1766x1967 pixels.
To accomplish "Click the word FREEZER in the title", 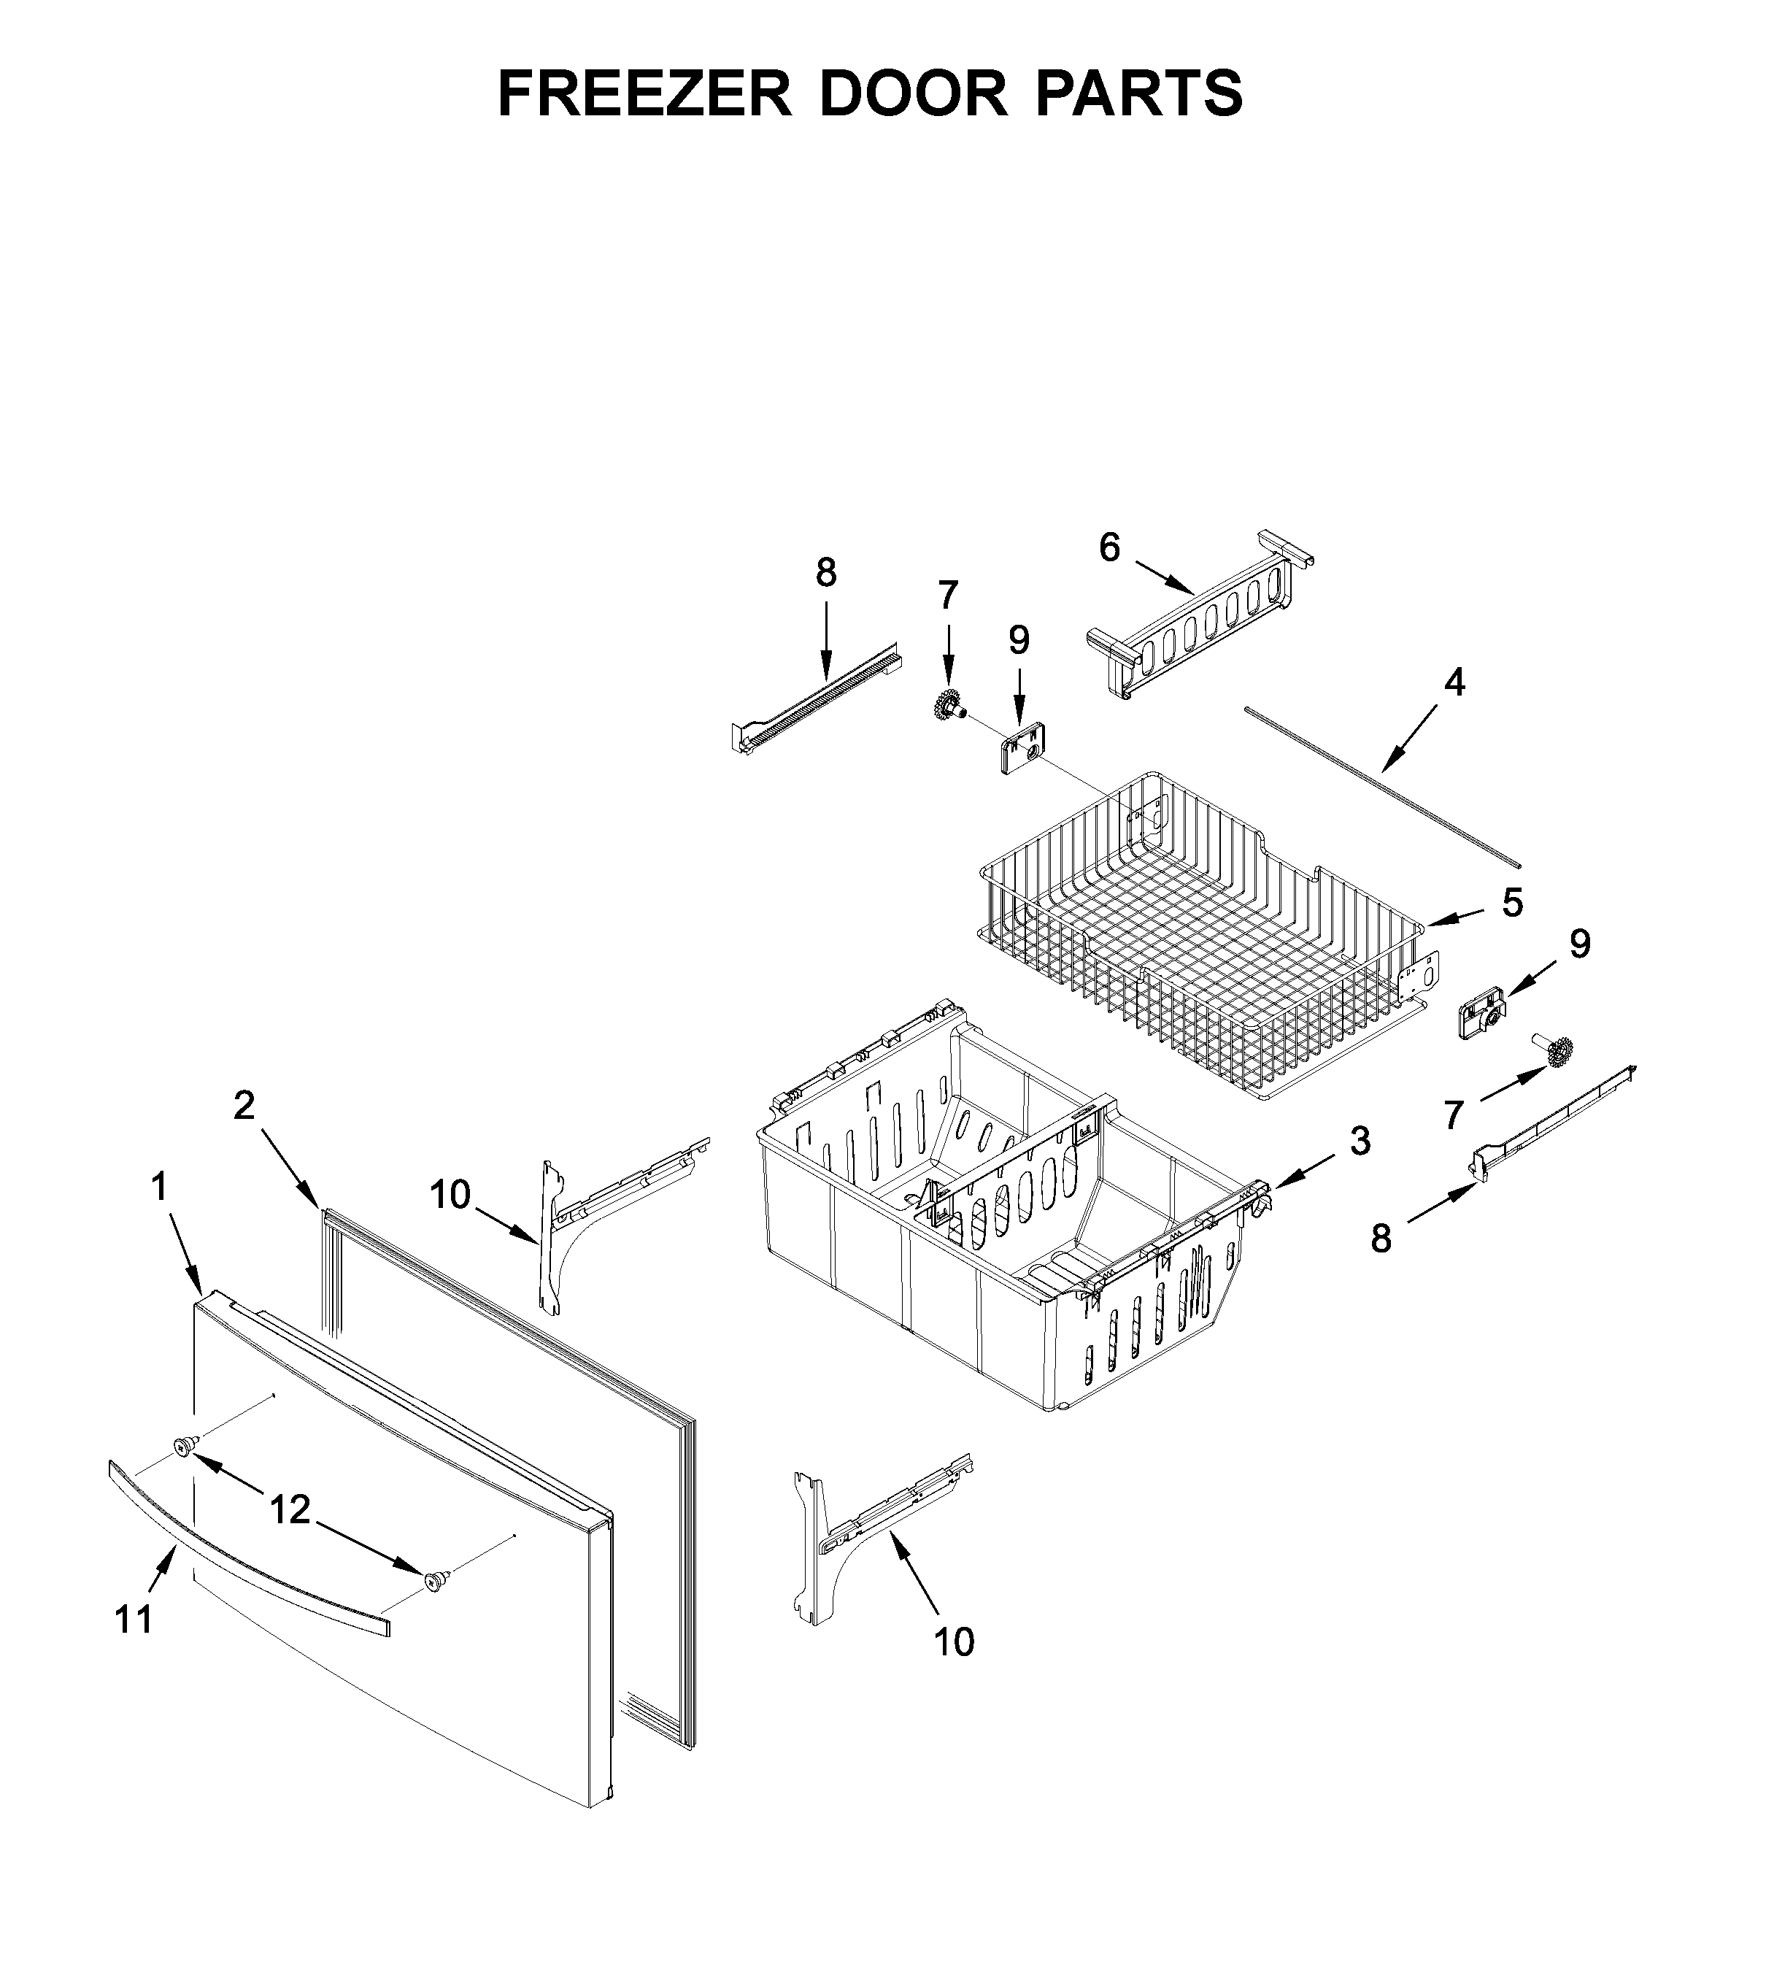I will [644, 94].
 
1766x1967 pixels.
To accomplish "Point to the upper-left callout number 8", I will [826, 574].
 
